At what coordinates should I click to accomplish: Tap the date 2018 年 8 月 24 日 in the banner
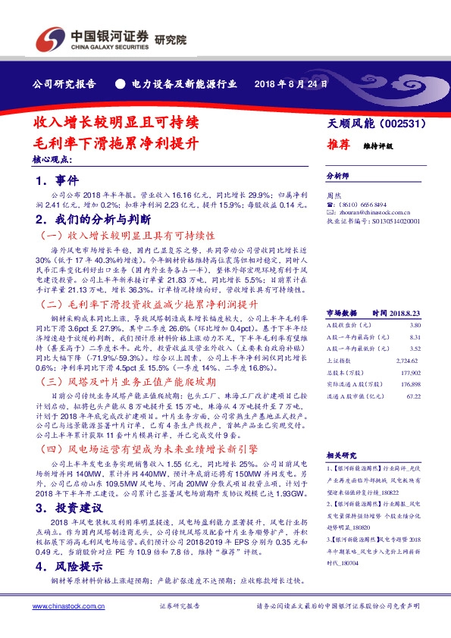(x=290, y=84)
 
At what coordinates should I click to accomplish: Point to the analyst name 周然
(x=332, y=195)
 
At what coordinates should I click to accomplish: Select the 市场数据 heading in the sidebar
(x=341, y=312)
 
